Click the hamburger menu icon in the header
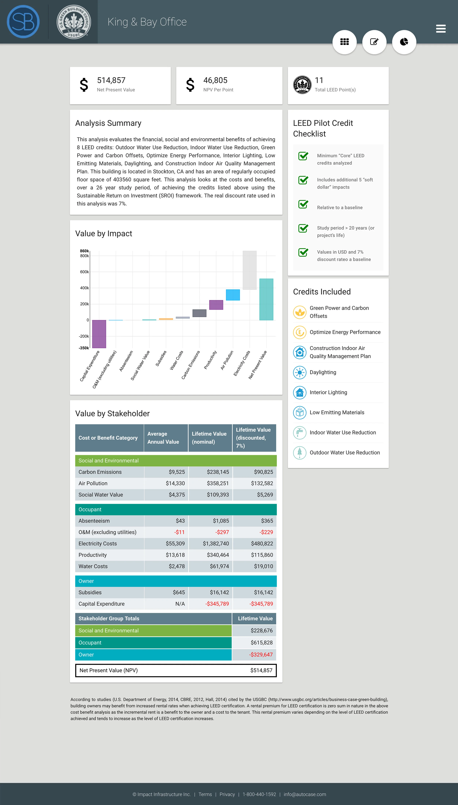441,29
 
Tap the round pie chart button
404,42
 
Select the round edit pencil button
374,42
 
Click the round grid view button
344,42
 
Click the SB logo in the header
23,22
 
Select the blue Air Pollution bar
233,295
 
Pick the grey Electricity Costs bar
250,270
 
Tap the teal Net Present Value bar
266,299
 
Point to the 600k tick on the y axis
84,272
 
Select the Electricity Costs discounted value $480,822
262,543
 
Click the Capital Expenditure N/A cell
180,604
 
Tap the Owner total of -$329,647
261,655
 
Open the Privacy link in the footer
227,794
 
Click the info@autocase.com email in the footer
305,794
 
